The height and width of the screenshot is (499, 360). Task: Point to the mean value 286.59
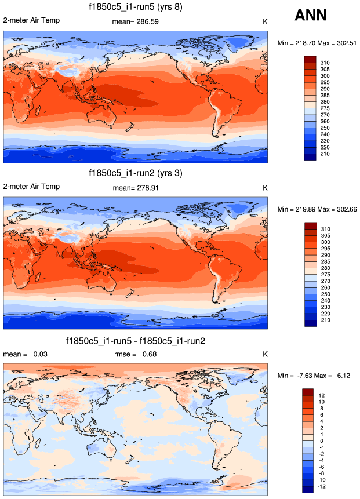[148, 23]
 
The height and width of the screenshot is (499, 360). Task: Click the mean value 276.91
[148, 188]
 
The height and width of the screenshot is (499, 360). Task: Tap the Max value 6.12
[340, 376]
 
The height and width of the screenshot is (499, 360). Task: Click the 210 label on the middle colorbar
[325, 320]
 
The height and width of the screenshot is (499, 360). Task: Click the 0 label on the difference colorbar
[321, 440]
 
